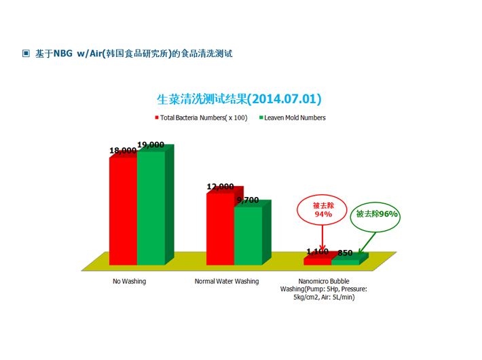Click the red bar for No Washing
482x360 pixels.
[124, 211]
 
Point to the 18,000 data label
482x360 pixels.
[123, 151]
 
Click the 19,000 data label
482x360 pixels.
[151, 145]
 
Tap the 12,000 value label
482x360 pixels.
[221, 187]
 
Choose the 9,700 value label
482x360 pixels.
[248, 200]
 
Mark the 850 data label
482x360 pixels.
[345, 253]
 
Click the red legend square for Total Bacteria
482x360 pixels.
[157, 118]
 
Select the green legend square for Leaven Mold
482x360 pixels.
[261, 118]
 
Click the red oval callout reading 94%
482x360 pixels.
[322, 194]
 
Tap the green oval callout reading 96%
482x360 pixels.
[375, 202]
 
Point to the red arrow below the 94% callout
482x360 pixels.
[322, 238]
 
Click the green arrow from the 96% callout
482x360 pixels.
[367, 244]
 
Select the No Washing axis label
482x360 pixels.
[130, 281]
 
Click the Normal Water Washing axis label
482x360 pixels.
[227, 281]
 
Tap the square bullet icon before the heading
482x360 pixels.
[26, 54]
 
